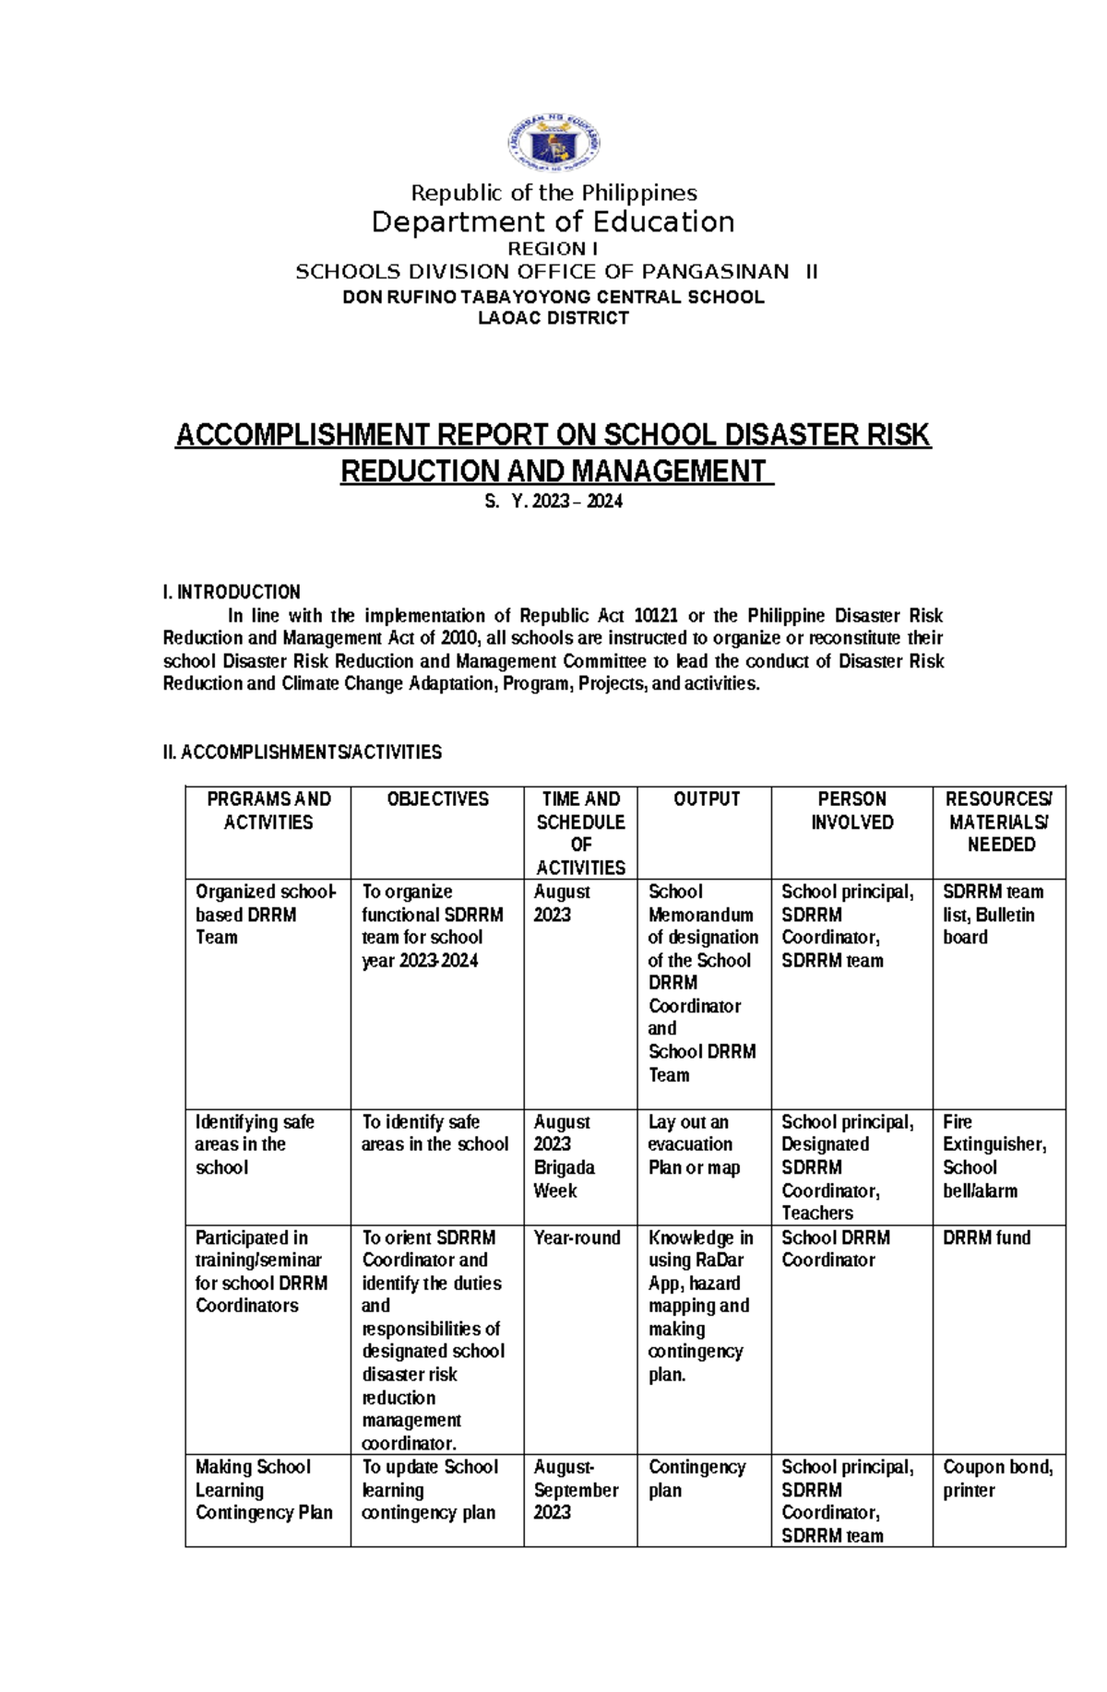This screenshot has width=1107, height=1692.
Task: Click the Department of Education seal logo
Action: [x=553, y=145]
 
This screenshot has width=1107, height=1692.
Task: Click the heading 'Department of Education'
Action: [x=553, y=222]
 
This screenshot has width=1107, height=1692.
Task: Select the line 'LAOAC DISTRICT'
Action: [x=553, y=318]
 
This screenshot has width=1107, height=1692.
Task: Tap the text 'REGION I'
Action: [x=553, y=249]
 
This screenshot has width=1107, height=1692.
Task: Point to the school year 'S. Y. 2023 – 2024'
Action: [x=553, y=502]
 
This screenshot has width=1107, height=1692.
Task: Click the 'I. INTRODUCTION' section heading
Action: [x=232, y=592]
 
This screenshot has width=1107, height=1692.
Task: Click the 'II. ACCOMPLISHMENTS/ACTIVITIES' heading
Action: [x=303, y=752]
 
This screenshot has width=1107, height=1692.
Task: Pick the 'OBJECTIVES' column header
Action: [x=437, y=799]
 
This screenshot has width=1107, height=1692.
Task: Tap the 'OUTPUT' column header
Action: [x=706, y=799]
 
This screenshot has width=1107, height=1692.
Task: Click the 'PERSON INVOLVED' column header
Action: [x=851, y=811]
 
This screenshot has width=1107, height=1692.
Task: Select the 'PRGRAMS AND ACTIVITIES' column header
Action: [x=268, y=811]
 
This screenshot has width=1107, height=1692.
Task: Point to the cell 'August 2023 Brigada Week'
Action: [x=564, y=1156]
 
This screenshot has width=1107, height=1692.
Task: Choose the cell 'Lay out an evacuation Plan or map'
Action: [x=693, y=1144]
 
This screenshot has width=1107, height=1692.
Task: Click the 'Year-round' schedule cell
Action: [x=577, y=1237]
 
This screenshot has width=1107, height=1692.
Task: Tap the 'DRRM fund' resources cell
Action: [x=986, y=1237]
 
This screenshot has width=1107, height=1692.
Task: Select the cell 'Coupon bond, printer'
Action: [x=997, y=1478]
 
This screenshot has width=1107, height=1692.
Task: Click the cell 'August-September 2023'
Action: [x=575, y=1489]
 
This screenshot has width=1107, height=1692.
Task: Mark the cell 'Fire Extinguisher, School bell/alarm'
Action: [x=994, y=1156]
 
